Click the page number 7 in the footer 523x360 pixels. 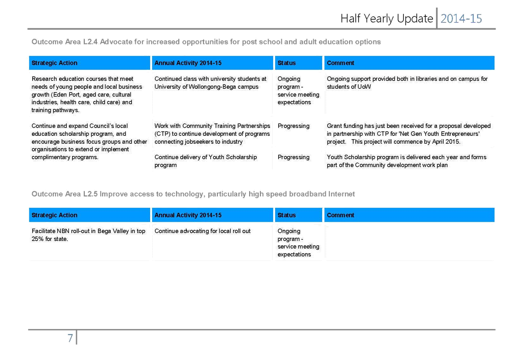tap(70, 338)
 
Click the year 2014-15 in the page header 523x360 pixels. tap(461, 19)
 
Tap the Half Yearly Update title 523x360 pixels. tap(387, 19)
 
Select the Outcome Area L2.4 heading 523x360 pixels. tap(206, 42)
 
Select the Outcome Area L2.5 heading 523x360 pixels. tap(193, 194)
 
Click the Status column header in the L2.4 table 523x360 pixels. tap(286, 63)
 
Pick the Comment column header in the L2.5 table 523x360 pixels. tap(341, 215)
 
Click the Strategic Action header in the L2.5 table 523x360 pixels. tap(54, 215)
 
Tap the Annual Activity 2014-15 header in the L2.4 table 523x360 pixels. tap(188, 63)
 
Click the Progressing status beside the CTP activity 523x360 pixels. tap(294, 126)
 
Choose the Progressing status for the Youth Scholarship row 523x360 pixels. tap(294, 157)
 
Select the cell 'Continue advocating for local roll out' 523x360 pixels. tap(203, 231)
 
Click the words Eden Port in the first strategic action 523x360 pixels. tap(65, 95)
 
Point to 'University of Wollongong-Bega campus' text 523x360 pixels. tap(207, 87)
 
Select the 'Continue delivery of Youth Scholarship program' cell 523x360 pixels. tap(205, 161)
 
